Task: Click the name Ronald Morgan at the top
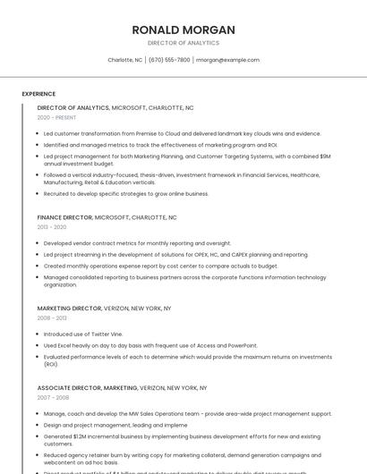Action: pyautogui.click(x=183, y=30)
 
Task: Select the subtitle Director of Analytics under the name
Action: pyautogui.click(x=183, y=43)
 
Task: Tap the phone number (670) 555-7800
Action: pyautogui.click(x=169, y=60)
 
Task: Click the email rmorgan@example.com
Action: pyautogui.click(x=227, y=60)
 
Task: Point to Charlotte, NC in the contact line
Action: pyautogui.click(x=125, y=60)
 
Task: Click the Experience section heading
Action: pyautogui.click(x=38, y=93)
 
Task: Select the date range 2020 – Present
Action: pyautogui.click(x=56, y=117)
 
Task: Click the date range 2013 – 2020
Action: pyautogui.click(x=52, y=227)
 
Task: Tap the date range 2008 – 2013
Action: pyautogui.click(x=52, y=317)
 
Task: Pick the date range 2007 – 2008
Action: pyautogui.click(x=52, y=397)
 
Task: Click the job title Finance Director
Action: pyautogui.click(x=64, y=217)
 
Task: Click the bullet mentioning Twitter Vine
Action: pyautogui.click(x=83, y=334)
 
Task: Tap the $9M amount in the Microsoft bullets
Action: pyautogui.click(x=325, y=156)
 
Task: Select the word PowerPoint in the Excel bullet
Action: pyautogui.click(x=242, y=345)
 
